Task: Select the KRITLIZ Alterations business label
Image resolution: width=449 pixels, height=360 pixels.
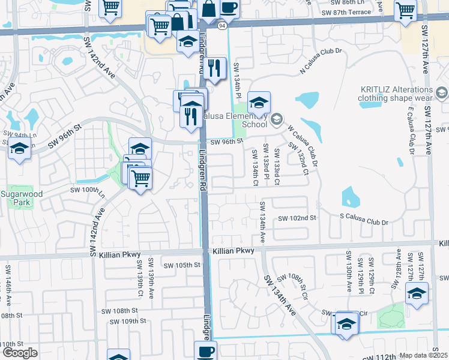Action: (x=395, y=92)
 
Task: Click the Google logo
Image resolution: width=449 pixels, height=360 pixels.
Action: (x=19, y=352)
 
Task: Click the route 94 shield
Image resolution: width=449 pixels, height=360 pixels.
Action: (x=222, y=26)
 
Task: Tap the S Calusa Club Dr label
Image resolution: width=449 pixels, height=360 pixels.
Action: (x=364, y=223)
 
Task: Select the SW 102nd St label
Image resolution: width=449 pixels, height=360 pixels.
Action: (x=297, y=218)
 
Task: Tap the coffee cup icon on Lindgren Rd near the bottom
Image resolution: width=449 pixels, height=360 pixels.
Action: (x=206, y=350)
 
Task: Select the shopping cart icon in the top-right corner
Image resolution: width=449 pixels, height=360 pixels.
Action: (x=406, y=10)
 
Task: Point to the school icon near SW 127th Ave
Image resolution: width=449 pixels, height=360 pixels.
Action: (x=417, y=293)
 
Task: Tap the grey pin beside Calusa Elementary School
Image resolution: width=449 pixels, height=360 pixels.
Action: (x=276, y=118)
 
